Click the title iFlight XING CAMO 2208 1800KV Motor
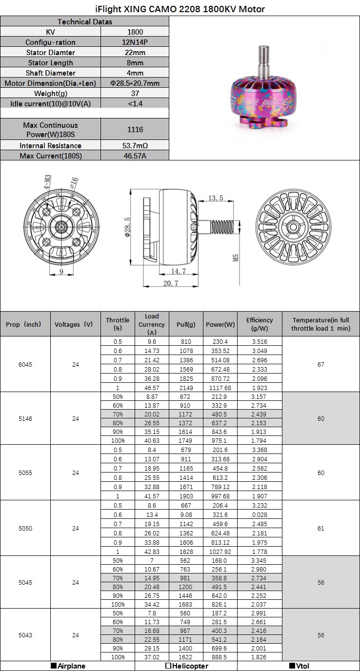click(180, 9)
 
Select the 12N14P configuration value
click(135, 42)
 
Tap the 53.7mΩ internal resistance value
click(135, 145)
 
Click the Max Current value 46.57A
click(135, 156)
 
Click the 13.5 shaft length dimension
click(216, 198)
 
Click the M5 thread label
click(236, 257)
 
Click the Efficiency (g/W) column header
click(260, 324)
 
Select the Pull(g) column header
click(186, 324)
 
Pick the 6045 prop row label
click(26, 364)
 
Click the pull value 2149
click(186, 387)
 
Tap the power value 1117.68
click(220, 387)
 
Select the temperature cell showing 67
click(320, 364)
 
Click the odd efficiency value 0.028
click(260, 514)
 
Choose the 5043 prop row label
click(26, 635)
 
